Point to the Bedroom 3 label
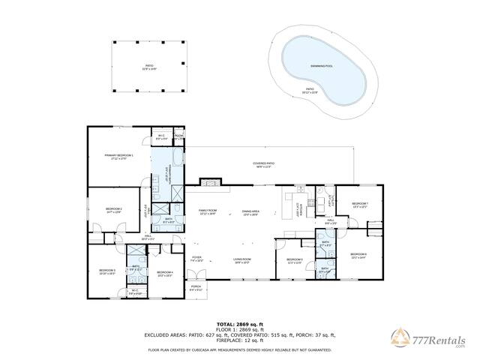click(x=107, y=271)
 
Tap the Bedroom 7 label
click(x=360, y=204)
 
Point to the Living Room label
click(x=242, y=259)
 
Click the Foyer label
click(x=196, y=258)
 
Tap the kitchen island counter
click(x=287, y=202)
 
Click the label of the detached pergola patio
click(x=149, y=66)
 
